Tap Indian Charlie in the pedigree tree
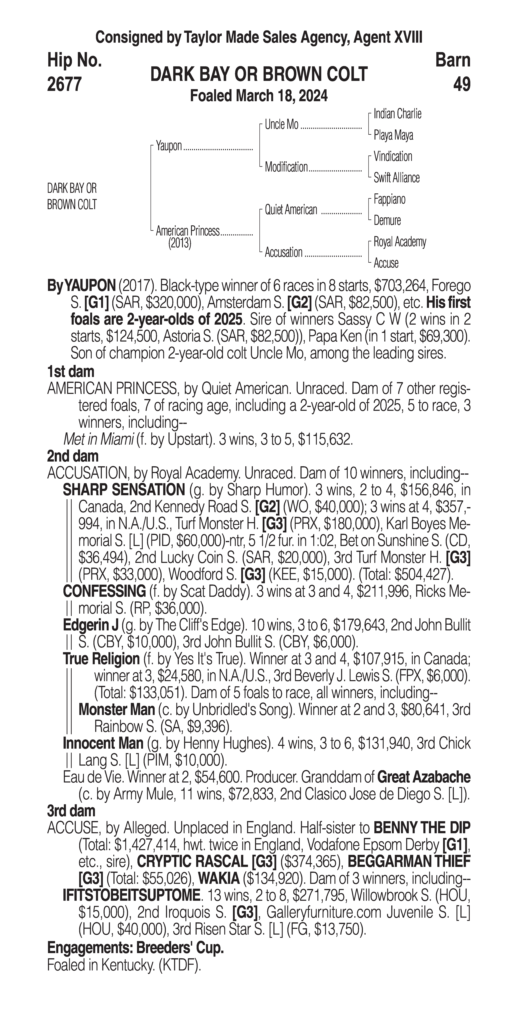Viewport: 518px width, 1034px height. pos(397,114)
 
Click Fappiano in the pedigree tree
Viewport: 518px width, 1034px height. pos(389,199)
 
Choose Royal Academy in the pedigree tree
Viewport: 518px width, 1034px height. pos(400,242)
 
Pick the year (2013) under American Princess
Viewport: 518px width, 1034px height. pos(180,243)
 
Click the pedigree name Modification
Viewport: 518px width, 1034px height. pos(286,167)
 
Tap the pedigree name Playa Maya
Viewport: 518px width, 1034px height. pos(393,135)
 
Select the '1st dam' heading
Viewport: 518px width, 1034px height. pos(71,372)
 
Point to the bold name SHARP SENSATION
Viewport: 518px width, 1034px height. pos(124,490)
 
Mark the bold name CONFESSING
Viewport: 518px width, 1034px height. pos(104,591)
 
